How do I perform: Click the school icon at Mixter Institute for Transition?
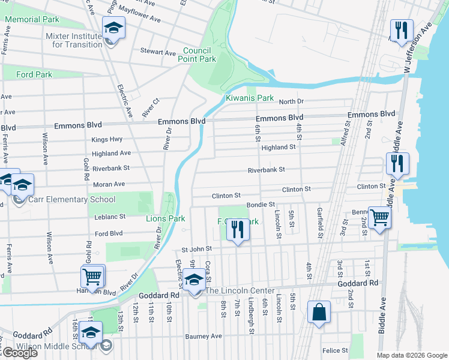[x=112, y=29]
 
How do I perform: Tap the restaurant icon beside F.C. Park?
[x=238, y=230]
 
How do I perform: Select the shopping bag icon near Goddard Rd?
[x=318, y=312]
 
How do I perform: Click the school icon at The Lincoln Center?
[x=193, y=281]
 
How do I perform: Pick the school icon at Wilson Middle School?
[x=91, y=333]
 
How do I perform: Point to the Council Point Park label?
[x=196, y=55]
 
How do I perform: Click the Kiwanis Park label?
[x=249, y=98]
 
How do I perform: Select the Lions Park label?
[x=165, y=219]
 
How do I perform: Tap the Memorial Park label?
[x=32, y=19]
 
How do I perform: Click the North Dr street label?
[x=291, y=101]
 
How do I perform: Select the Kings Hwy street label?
[x=90, y=139]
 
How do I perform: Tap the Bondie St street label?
[x=260, y=205]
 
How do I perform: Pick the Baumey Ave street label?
[x=203, y=336]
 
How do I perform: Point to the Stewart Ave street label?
[x=158, y=52]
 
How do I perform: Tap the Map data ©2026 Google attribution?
[x=412, y=355]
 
